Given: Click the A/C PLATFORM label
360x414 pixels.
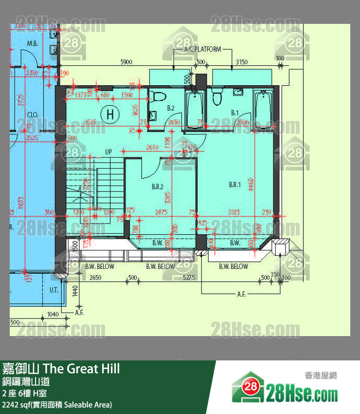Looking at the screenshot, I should coord(202,49).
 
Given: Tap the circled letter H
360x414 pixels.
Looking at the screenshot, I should coord(110,115).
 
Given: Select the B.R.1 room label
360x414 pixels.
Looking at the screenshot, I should coord(234,185).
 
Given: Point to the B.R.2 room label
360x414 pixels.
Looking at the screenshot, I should coord(157,186).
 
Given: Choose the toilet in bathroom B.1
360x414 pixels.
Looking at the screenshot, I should coord(217,96).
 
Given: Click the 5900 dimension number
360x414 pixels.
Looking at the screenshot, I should coord(126,62).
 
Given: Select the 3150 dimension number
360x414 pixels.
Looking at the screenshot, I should coord(241,62).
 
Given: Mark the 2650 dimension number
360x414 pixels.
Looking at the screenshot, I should coord(95,278).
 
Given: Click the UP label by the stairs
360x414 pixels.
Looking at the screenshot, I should coord(108,152).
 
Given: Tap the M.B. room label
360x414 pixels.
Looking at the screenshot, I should coord(33,43).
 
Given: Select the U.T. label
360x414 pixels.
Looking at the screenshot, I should coord(53,290).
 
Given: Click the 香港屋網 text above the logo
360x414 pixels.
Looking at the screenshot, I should coord(321,375).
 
